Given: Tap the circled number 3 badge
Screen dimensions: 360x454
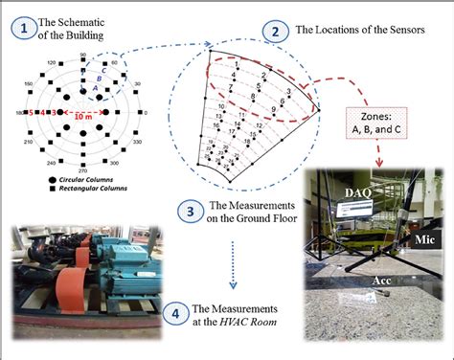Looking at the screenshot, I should pyautogui.click(x=190, y=210).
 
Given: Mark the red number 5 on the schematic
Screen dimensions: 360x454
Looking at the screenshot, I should pyautogui.click(x=33, y=113).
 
